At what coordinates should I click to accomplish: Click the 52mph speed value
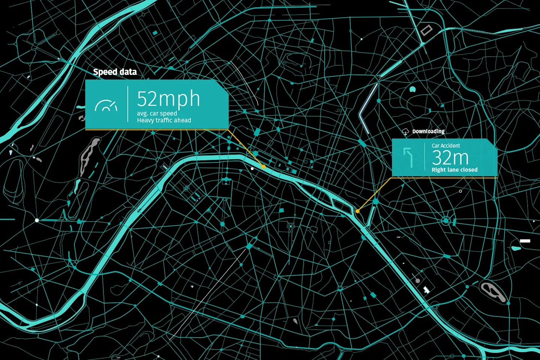coord(168,99)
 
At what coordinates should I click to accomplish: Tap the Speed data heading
coord(115,72)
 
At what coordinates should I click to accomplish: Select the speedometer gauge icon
coord(106,106)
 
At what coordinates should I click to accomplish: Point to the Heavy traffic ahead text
coord(164,120)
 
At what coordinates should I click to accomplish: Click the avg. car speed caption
coord(157,113)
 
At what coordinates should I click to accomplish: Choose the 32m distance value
coord(450,158)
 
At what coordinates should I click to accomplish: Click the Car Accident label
coord(445,145)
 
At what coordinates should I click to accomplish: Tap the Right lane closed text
coord(454,170)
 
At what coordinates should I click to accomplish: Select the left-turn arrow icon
coord(408,157)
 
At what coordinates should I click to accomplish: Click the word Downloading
coord(428,131)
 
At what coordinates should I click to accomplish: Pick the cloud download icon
coord(405,132)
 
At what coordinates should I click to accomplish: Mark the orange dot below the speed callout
coord(264,167)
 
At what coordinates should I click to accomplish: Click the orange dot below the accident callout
coord(358,211)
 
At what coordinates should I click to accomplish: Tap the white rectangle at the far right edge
coord(525,241)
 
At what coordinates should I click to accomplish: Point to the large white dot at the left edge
coord(37,220)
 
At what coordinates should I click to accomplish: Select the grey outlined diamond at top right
coord(426,30)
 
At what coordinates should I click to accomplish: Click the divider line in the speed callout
coord(128,104)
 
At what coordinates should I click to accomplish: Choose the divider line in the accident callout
coord(424,157)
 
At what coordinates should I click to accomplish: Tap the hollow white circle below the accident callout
coord(460,191)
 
